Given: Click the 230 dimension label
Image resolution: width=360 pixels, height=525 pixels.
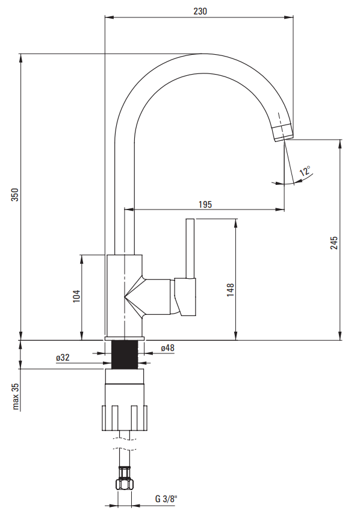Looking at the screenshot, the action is [x=200, y=11].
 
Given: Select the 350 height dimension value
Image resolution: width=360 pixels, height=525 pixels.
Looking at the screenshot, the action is [x=15, y=194].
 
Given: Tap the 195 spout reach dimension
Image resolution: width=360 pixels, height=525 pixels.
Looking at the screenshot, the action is [x=205, y=204].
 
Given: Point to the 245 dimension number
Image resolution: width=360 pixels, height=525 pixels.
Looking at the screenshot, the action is [x=334, y=243].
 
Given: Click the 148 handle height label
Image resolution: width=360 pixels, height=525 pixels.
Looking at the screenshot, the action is [x=231, y=290].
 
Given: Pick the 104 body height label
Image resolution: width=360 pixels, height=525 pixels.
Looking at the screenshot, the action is [x=76, y=296].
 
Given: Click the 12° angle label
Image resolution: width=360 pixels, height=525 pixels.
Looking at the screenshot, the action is [x=305, y=171].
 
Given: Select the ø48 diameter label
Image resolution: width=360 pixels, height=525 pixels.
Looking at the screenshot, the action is [x=168, y=348].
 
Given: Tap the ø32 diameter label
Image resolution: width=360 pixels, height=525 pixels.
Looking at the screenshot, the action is [x=63, y=358].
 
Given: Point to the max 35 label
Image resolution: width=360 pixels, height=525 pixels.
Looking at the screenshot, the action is [x=16, y=396].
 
